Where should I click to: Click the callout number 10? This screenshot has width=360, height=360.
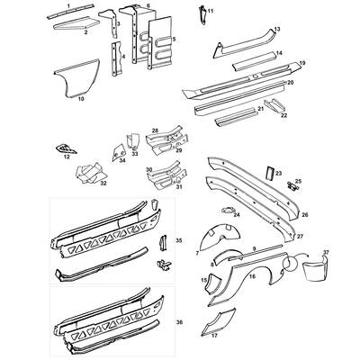81,98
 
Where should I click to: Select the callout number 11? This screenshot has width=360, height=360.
211,10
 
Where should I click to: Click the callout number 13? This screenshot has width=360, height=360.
277,30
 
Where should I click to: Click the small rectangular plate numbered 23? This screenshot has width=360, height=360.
265,171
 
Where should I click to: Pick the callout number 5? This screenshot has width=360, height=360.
174,40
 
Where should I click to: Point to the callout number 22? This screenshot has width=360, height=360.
283,115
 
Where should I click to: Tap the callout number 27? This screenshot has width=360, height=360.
299,236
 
